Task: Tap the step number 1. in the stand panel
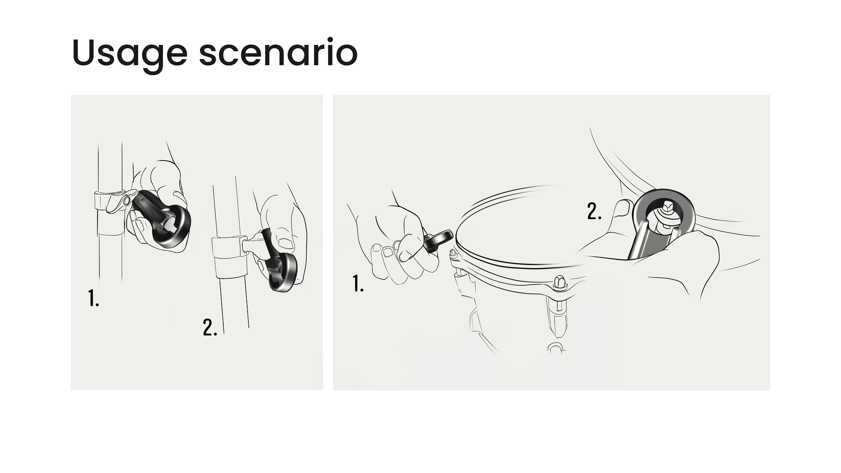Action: pos(93,297)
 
